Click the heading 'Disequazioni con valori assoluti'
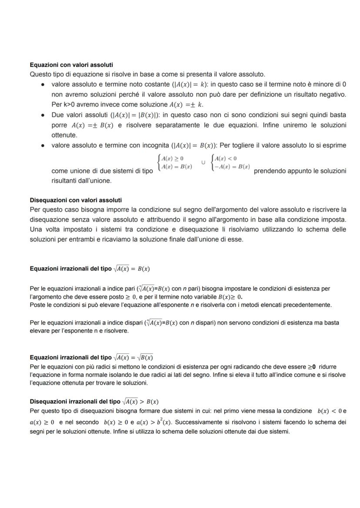(76, 200)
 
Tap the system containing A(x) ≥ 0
(175, 163)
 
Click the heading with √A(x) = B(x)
(90, 269)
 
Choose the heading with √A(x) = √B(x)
(91, 357)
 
